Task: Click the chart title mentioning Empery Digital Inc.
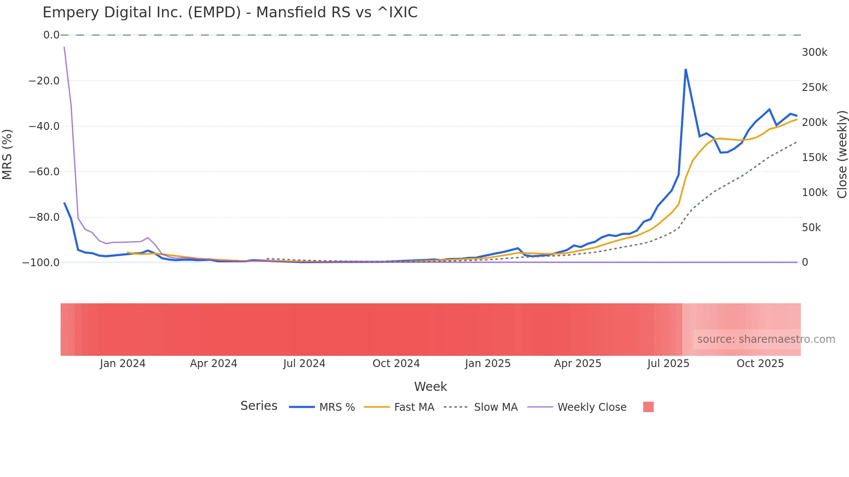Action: click(230, 13)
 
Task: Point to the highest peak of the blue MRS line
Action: click(685, 70)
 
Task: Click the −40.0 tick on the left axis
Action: click(44, 126)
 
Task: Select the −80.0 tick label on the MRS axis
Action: click(44, 217)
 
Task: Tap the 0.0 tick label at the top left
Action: click(51, 35)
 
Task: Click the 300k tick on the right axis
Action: click(814, 52)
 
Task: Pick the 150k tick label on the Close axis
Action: click(814, 158)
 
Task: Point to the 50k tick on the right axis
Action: click(811, 228)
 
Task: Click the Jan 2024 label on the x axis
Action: click(123, 364)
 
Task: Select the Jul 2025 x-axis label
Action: click(668, 364)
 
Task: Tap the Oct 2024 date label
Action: click(396, 364)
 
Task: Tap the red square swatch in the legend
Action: click(648, 407)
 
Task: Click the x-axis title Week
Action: click(430, 387)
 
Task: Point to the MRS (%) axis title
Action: click(7, 154)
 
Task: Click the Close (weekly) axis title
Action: click(842, 154)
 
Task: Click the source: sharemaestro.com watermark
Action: click(766, 339)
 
